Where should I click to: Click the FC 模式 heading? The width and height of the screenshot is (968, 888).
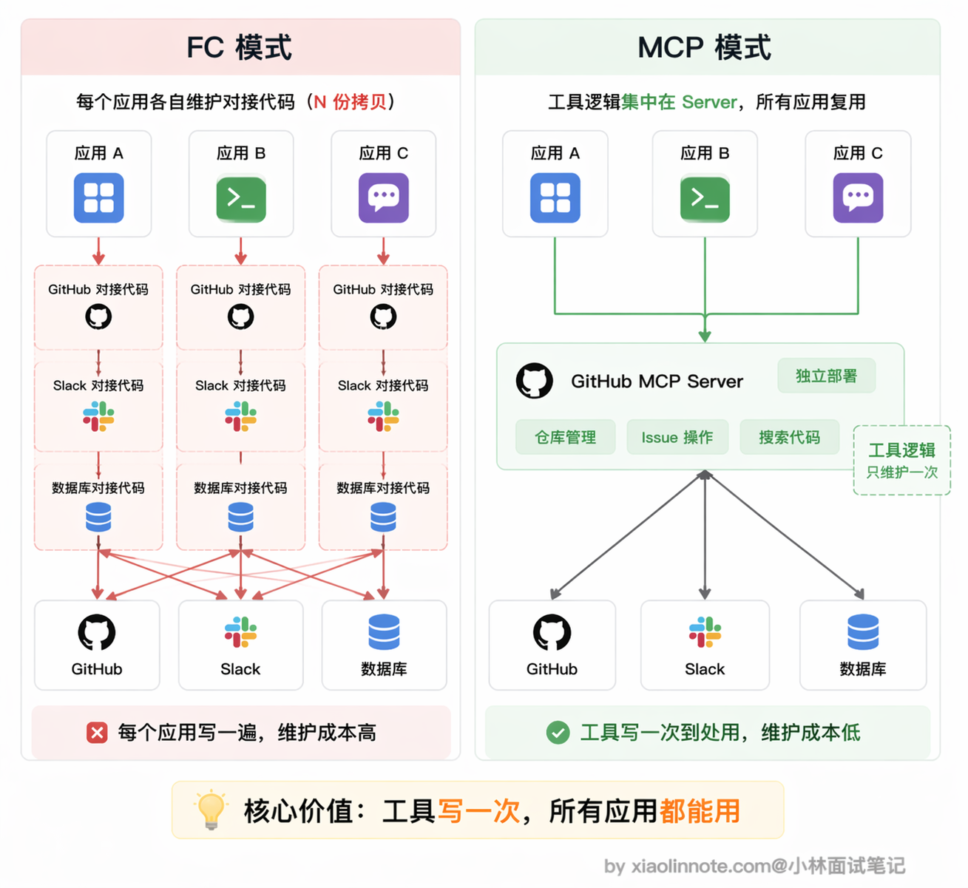coord(240,47)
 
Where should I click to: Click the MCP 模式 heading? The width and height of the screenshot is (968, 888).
coord(704,47)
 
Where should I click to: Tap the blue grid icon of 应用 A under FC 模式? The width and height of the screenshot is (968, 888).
coord(98,198)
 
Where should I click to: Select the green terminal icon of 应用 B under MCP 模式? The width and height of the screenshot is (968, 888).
coord(705,199)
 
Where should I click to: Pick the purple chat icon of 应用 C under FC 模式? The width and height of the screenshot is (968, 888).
coord(384,198)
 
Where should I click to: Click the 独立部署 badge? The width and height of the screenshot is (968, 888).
coord(826,376)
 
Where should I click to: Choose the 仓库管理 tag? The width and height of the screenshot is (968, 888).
coord(565,437)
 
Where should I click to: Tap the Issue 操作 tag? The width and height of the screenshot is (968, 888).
coord(677,437)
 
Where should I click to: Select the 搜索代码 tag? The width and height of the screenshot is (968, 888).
coord(790,437)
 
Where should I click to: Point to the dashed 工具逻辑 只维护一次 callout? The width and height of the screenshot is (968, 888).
coord(902,460)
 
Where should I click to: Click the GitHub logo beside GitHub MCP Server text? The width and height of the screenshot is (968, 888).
coord(534,381)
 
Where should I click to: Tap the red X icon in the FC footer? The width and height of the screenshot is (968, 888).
coord(97,733)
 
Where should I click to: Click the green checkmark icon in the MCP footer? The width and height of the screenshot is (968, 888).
coord(558,733)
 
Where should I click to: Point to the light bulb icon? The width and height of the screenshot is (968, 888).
coord(211,810)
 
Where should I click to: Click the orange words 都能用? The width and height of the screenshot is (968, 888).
coord(700,811)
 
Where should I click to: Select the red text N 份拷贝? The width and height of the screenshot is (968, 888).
coord(350,102)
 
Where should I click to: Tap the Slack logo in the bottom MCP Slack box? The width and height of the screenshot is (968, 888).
coord(705,631)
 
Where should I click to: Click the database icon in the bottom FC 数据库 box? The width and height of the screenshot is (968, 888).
coord(384,631)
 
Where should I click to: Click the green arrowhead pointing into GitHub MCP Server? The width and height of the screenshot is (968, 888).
coord(705,336)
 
